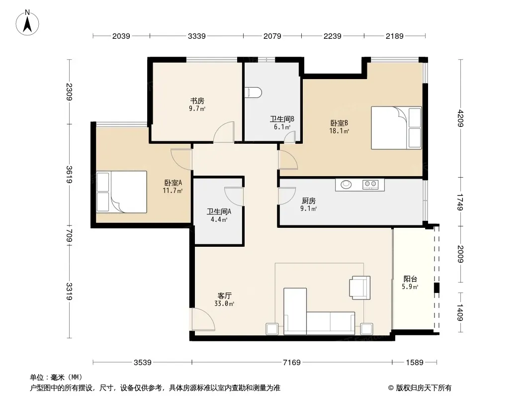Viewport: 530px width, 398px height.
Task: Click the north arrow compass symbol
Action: (x=27, y=23)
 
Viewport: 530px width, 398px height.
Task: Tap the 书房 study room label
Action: (x=197, y=101)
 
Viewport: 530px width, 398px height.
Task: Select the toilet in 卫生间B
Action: (x=253, y=93)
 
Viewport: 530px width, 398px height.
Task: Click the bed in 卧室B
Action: (x=396, y=128)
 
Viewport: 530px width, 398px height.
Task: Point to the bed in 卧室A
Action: (x=121, y=192)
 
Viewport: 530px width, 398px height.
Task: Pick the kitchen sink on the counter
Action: (x=346, y=185)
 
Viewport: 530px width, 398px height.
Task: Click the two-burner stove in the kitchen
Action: (x=370, y=185)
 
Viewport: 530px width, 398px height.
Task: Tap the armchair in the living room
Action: (x=360, y=288)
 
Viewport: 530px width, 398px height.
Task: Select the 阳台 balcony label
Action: (x=410, y=279)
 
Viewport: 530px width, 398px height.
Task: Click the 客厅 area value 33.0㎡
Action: (x=224, y=303)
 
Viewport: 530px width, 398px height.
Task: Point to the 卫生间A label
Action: (x=219, y=211)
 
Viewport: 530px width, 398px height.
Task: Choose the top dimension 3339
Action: (x=197, y=36)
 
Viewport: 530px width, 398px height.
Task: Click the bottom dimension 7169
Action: (x=292, y=363)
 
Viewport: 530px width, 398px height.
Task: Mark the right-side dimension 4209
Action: (x=460, y=118)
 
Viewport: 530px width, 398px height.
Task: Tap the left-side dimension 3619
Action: (x=69, y=174)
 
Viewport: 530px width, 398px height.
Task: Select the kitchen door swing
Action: (x=287, y=196)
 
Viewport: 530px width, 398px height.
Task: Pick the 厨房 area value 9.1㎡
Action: (x=308, y=208)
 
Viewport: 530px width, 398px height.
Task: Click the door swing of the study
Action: (x=224, y=132)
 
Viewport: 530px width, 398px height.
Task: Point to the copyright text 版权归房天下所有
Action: (x=424, y=388)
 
